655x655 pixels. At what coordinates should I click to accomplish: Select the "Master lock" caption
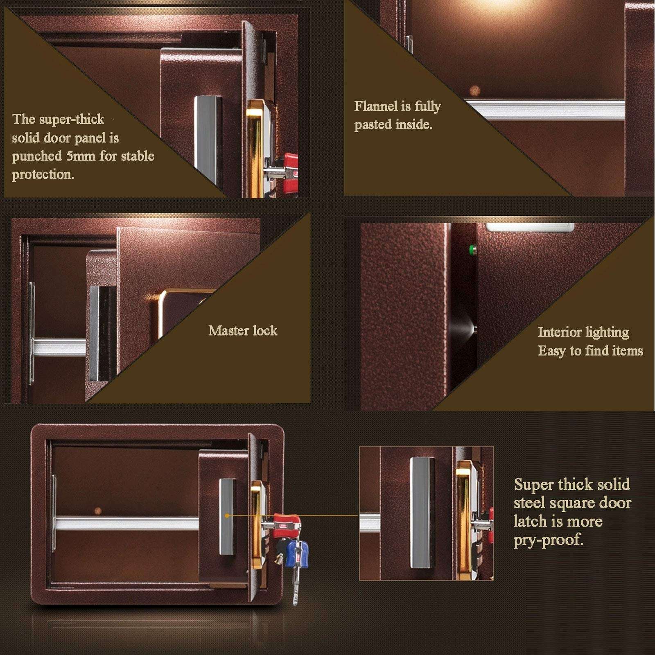[242, 331]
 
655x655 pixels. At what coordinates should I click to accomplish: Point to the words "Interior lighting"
[583, 332]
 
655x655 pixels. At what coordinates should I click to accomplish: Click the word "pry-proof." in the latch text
[548, 540]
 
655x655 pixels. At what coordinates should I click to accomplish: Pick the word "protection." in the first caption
[43, 174]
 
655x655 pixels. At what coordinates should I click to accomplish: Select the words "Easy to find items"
[590, 351]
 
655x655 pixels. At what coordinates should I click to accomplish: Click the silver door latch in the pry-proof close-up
[422, 513]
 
